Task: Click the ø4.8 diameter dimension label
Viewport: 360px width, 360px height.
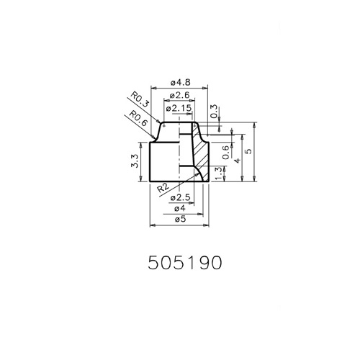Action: tap(181, 83)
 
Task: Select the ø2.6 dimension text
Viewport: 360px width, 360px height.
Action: tap(179, 95)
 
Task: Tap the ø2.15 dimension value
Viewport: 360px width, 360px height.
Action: tap(179, 108)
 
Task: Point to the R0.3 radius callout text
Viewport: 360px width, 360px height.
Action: tap(140, 99)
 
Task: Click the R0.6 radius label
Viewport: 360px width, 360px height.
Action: tap(138, 118)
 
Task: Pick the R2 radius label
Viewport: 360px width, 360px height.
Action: tap(163, 187)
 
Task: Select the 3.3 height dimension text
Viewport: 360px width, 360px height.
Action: tap(135, 161)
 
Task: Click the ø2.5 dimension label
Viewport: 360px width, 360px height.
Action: tap(180, 198)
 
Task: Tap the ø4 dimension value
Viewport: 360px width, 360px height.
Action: tap(180, 208)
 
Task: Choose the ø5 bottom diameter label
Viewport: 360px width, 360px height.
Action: tap(180, 219)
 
